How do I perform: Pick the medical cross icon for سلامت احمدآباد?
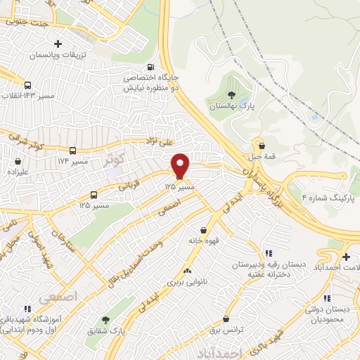tap(347, 256)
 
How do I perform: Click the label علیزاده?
tap(15, 170)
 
